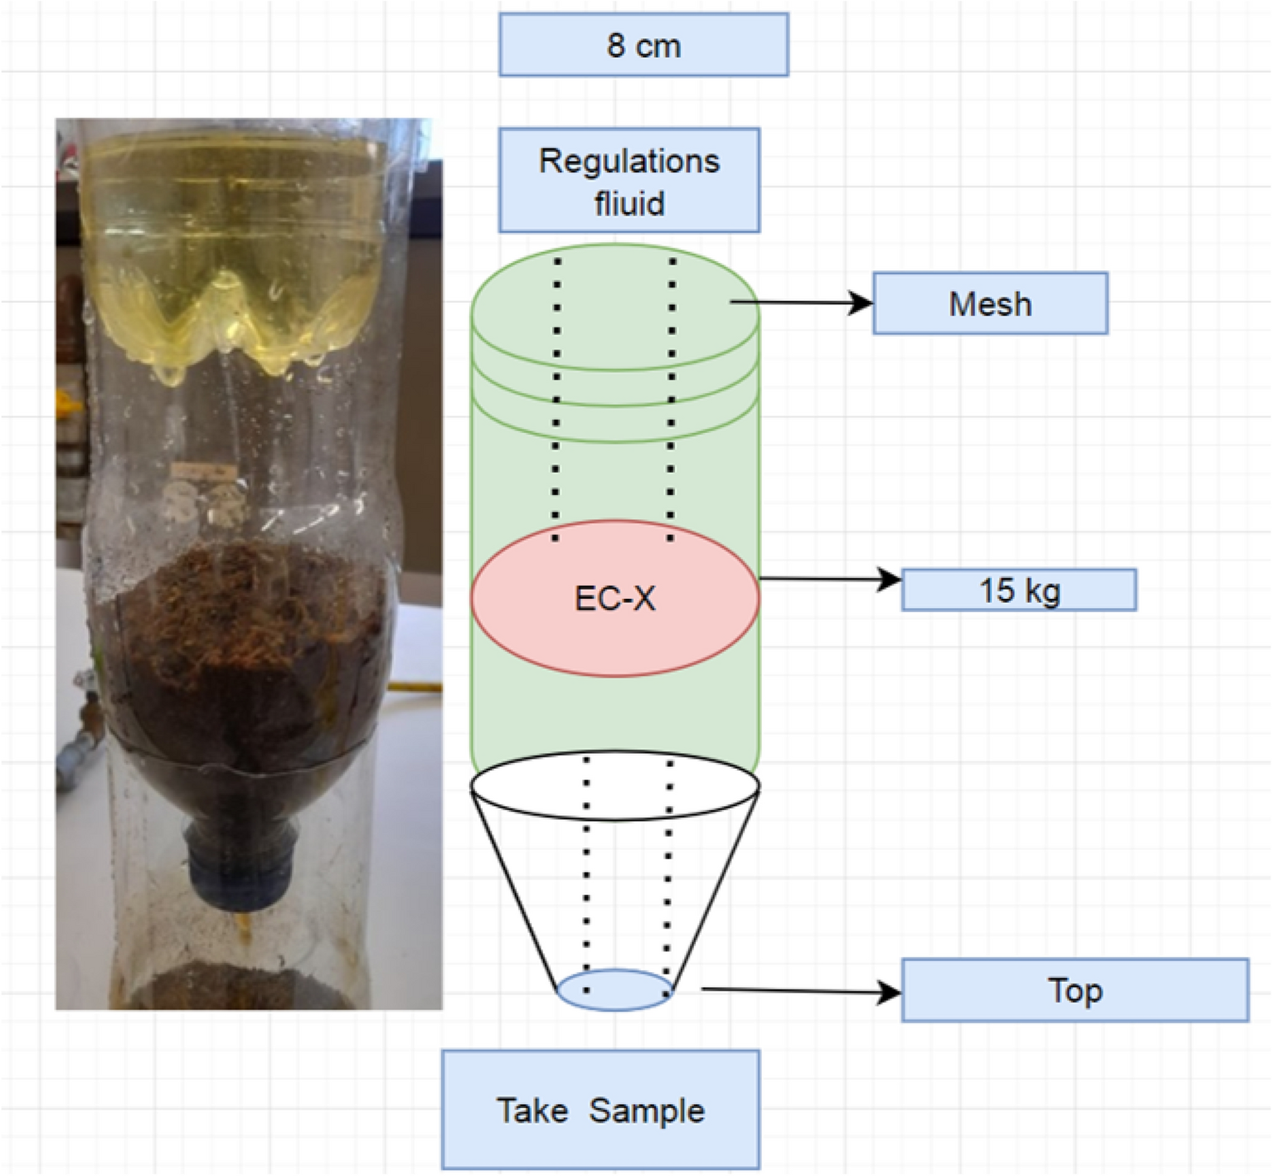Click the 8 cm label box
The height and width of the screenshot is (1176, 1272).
coord(643,45)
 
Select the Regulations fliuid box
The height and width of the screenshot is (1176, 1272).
coord(629,180)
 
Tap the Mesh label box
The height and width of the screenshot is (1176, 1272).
coord(990,304)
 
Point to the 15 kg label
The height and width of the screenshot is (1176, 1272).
coord(1019,590)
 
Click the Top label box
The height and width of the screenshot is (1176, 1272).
coord(1075,990)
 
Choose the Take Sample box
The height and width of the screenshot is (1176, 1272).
coord(600,1110)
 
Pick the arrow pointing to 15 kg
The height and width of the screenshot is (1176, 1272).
coord(829,579)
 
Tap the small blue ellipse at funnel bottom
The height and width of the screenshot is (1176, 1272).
coord(614,990)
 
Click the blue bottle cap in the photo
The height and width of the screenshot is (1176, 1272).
coord(240,863)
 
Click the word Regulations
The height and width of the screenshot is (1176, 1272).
coord(629,160)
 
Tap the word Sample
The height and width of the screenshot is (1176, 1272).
coord(647,1110)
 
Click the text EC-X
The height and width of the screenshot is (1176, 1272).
coord(614,598)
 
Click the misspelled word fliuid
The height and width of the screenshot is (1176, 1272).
coord(629,203)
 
